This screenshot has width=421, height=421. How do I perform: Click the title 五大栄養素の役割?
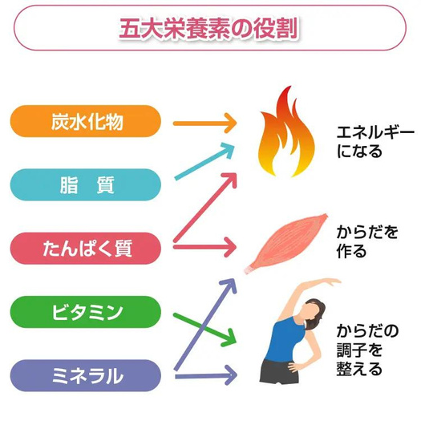[x=208, y=28]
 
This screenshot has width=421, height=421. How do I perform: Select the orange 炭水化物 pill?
[x=86, y=121]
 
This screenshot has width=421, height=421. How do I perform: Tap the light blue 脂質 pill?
[x=86, y=184]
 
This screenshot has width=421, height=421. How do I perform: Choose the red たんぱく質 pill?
[x=86, y=249]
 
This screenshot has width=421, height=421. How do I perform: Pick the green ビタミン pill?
[x=86, y=312]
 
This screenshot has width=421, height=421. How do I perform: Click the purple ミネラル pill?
[x=86, y=375]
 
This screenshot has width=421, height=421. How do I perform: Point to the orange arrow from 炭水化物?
[x=204, y=123]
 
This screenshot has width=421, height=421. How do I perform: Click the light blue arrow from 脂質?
[x=204, y=161]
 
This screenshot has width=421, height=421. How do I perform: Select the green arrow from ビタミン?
[x=204, y=329]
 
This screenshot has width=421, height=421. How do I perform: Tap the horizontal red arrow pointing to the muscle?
[x=204, y=247]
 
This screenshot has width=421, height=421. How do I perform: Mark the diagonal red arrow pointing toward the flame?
[x=205, y=207]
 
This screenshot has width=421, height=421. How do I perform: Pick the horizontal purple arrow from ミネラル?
[x=205, y=376]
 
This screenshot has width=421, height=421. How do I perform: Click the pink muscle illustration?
[x=286, y=243]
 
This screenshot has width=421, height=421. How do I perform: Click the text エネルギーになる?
[x=375, y=142]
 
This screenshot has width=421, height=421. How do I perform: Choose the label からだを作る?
[x=366, y=242]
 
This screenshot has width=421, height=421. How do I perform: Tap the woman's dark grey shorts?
[x=279, y=372]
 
